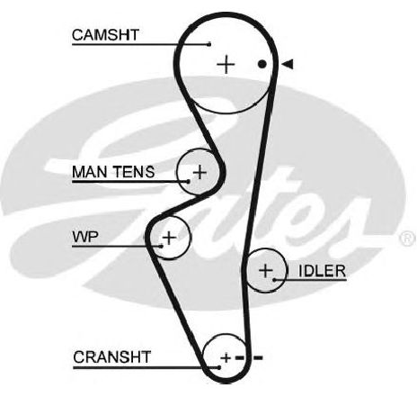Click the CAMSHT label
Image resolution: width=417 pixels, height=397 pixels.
click(105, 35)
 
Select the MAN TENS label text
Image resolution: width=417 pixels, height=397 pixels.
click(113, 172)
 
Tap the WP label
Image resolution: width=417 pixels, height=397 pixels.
click(85, 237)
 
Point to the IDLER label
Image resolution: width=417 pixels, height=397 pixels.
click(322, 271)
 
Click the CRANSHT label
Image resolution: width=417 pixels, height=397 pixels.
click(111, 357)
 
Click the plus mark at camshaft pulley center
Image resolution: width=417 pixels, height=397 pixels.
click(226, 64)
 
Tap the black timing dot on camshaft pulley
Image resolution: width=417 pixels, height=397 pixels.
click(262, 64)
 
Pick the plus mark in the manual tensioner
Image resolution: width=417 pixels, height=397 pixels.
click(200, 173)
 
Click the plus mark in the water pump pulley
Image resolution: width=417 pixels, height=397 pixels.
click(170, 238)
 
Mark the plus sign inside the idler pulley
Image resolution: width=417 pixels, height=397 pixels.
click(266, 271)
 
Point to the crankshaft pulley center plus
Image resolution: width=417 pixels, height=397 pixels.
click(226, 358)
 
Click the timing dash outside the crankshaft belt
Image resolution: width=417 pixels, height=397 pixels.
click(258, 357)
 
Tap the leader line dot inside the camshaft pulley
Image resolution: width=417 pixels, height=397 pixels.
click(209, 44)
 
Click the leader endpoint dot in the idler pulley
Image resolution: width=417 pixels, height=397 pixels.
click(274, 280)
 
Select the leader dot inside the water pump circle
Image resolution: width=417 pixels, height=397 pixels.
click(162, 246)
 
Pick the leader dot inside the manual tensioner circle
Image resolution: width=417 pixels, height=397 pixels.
click(188, 181)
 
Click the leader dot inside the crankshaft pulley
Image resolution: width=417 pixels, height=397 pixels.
click(219, 367)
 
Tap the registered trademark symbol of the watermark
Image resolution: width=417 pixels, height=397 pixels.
click(408, 239)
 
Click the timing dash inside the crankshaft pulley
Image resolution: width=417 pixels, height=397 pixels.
click(240, 357)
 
